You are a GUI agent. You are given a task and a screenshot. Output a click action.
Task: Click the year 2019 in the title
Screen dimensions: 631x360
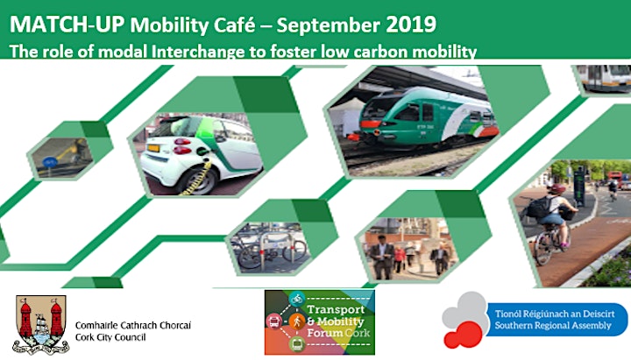point(410,25)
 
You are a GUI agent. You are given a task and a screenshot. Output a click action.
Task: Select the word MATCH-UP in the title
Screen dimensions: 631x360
point(67,25)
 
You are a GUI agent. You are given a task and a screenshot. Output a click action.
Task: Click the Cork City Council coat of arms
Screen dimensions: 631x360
point(40,324)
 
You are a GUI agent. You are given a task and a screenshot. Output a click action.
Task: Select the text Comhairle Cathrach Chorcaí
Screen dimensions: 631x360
point(133,325)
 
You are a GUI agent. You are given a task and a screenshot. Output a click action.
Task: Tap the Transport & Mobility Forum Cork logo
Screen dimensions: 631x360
point(320,322)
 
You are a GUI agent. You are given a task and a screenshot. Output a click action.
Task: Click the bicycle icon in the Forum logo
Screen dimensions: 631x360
point(297,300)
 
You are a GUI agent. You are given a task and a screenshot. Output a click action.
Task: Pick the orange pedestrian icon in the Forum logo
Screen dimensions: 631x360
point(297,321)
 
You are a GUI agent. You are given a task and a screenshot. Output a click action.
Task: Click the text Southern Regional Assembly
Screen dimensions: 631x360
point(553,326)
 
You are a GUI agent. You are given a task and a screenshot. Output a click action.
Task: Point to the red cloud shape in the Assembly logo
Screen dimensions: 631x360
point(464,335)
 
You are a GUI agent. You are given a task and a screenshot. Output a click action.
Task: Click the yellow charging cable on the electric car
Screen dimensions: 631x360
point(197,178)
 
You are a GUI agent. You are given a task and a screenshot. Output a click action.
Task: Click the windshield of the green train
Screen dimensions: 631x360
point(375,109)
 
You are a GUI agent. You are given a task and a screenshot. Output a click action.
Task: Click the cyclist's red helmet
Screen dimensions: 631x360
point(557,188)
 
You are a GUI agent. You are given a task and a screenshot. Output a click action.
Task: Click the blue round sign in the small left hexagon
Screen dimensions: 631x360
point(50,163)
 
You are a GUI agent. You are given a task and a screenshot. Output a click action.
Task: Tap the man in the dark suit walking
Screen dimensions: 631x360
point(381,257)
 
